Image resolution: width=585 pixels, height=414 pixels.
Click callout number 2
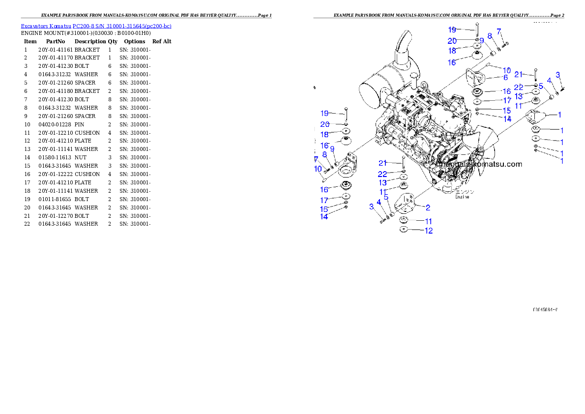[x=428, y=208]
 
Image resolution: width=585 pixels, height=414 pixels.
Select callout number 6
[x=505, y=77]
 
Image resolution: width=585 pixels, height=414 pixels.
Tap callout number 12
[x=429, y=231]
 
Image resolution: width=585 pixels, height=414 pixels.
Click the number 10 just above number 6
[x=506, y=70]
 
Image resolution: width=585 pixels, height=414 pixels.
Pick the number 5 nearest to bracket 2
[x=386, y=197]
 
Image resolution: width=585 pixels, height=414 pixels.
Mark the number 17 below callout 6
[x=507, y=100]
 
